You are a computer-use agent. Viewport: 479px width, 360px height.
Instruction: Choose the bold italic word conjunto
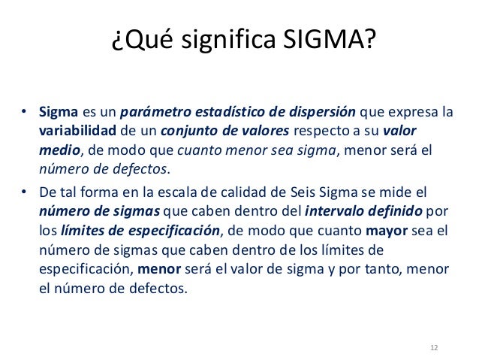pos(182,132)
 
